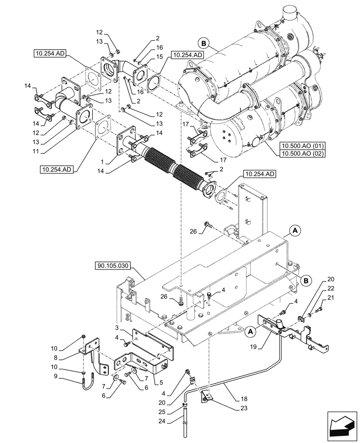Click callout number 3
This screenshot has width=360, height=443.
[116, 328]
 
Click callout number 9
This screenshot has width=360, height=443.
[67, 377]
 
